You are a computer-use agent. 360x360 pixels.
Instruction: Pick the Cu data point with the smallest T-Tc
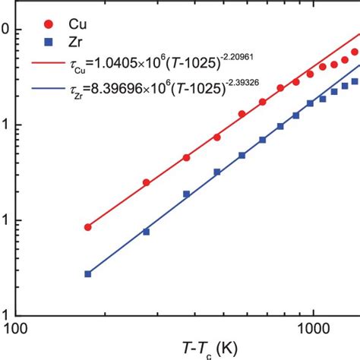click(x=87, y=227)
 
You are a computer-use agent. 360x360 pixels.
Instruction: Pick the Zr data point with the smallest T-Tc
click(x=87, y=273)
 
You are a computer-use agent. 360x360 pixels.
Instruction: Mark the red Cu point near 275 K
click(x=146, y=182)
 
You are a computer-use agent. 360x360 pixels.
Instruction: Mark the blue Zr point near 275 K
click(x=146, y=231)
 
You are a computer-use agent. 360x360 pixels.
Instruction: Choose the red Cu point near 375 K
click(x=186, y=157)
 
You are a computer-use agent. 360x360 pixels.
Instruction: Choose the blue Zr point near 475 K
click(x=217, y=172)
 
